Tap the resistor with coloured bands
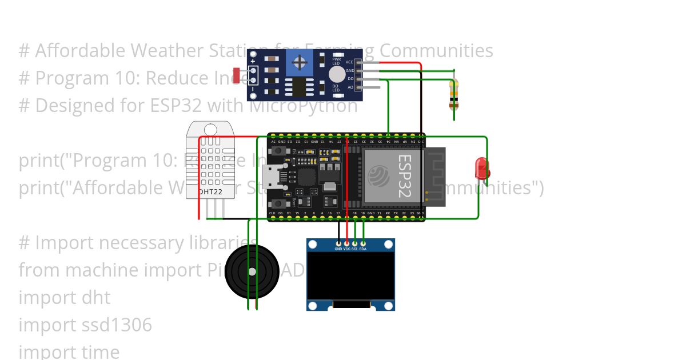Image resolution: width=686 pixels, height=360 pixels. [454, 94]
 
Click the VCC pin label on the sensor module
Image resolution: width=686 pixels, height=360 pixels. [350, 61]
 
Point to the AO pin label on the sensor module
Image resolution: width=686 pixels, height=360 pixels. [350, 87]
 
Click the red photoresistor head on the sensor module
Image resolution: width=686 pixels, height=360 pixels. [237, 75]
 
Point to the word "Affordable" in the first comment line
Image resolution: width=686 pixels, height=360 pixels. [81, 51]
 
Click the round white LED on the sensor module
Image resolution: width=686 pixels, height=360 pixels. [337, 74]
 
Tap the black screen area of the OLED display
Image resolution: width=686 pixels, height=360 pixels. [350, 277]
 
